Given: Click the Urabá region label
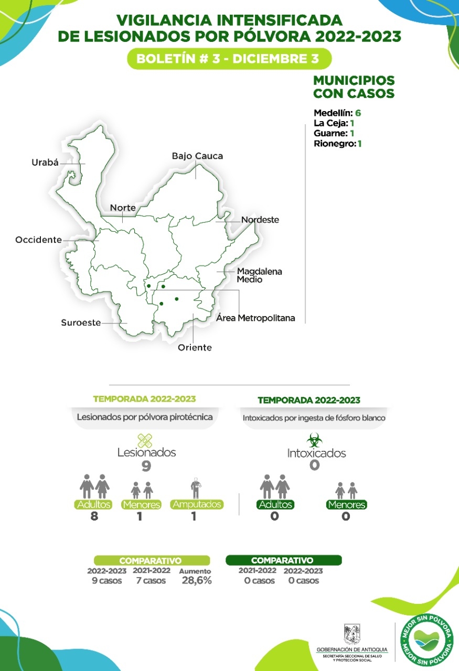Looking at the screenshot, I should (45, 163).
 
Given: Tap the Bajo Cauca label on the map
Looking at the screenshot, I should (197, 156).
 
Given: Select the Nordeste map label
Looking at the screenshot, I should (260, 220).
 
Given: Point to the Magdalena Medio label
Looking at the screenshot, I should (259, 275).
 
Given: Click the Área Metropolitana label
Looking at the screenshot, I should (256, 318).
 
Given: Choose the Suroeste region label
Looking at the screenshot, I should (81, 323).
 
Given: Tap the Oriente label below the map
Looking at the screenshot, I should (195, 348).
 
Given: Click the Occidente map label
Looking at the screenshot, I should (38, 240).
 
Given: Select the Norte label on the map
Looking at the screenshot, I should (123, 208).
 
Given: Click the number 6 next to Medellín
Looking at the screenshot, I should (358, 113).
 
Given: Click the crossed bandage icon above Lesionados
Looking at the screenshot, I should (145, 440).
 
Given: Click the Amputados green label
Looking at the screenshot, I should (197, 504).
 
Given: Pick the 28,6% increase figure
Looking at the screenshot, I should (197, 580).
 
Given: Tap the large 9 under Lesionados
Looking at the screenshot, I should (146, 466).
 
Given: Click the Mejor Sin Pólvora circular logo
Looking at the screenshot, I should (425, 640).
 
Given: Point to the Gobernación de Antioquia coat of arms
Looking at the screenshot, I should (351, 634).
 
